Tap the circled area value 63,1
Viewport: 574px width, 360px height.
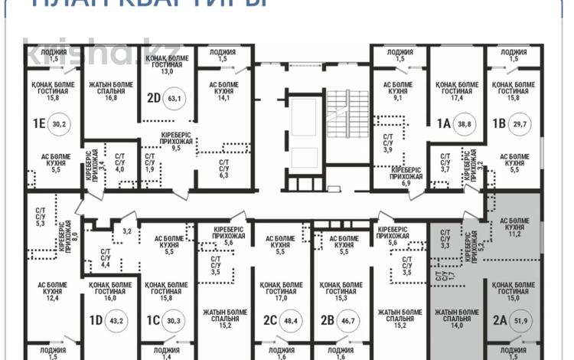pos(178,98)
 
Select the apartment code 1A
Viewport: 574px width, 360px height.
pos(442,123)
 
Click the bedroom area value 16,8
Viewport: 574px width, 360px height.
pos(110,97)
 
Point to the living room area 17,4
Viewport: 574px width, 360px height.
pos(457,97)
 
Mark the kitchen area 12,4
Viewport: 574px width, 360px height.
pos(54,298)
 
